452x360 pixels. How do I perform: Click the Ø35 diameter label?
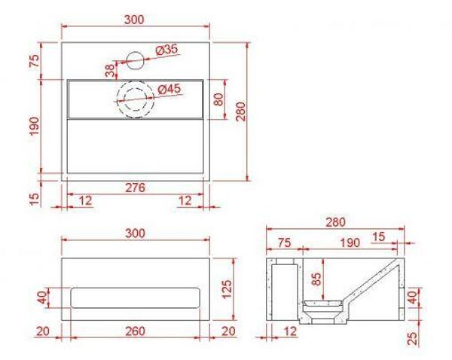click(167, 50)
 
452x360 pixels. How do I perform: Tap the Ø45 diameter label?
click(169, 90)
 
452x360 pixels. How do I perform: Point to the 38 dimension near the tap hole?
click(110, 71)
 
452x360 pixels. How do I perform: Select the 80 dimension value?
click(219, 99)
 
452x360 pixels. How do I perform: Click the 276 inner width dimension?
click(135, 188)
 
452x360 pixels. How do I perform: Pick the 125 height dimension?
click(228, 288)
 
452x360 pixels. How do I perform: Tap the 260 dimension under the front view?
click(135, 331)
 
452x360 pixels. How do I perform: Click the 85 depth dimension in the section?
click(317, 279)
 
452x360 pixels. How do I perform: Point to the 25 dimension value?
click(413, 339)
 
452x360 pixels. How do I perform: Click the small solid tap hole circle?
click(135, 60)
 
